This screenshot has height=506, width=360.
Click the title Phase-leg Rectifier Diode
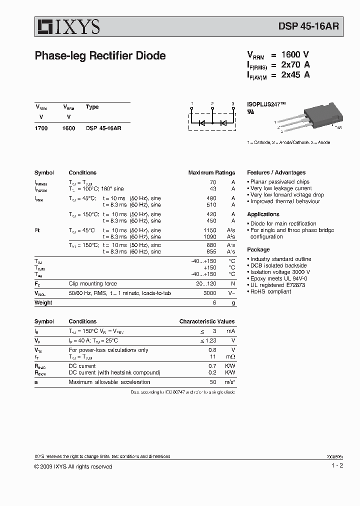(x=100, y=56)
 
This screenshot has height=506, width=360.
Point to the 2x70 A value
(x=295, y=64)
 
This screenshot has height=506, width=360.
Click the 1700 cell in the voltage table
(x=41, y=128)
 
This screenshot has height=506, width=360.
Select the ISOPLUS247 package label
(x=266, y=104)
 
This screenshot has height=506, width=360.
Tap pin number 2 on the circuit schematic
(x=212, y=103)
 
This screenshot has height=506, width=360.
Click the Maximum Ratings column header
(x=211, y=172)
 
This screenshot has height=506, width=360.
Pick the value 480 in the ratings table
(x=211, y=198)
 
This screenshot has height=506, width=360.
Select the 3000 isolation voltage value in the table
(x=210, y=293)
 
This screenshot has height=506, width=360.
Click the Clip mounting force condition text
(x=92, y=283)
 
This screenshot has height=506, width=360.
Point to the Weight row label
(x=43, y=302)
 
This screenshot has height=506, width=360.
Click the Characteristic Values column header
(x=206, y=321)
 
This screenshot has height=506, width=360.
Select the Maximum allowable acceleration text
(x=109, y=382)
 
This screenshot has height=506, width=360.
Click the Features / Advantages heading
(x=276, y=172)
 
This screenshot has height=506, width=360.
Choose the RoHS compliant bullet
(x=270, y=291)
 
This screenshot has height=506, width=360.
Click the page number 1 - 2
(x=337, y=466)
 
